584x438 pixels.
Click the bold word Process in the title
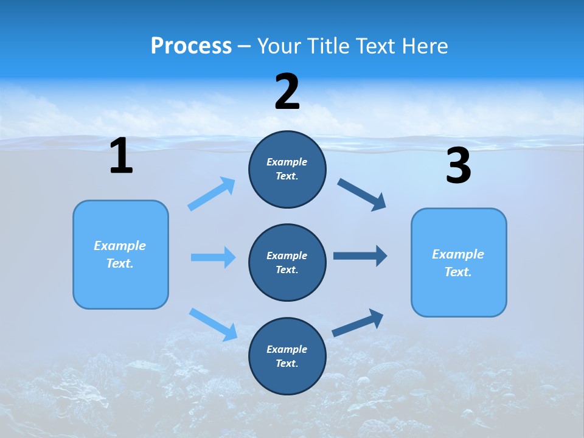coord(191,46)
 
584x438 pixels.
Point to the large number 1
coord(121,156)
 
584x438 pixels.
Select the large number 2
coord(287,92)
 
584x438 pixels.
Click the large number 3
coord(458,166)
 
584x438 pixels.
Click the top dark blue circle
coord(287,169)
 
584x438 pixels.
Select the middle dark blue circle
coord(287,263)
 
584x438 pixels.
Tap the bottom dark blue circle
coord(287,356)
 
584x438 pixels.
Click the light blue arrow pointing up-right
coord(212,193)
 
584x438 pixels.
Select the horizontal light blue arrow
coord(213,257)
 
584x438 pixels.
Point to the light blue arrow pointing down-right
coord(214,324)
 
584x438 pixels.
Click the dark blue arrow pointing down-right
coord(362,195)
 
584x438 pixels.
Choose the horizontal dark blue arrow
coord(360,255)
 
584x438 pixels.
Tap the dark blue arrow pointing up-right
coord(358,323)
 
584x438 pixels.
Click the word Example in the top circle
coord(287,162)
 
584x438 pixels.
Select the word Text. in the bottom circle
coord(287,364)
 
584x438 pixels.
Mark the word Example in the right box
coord(458,254)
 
